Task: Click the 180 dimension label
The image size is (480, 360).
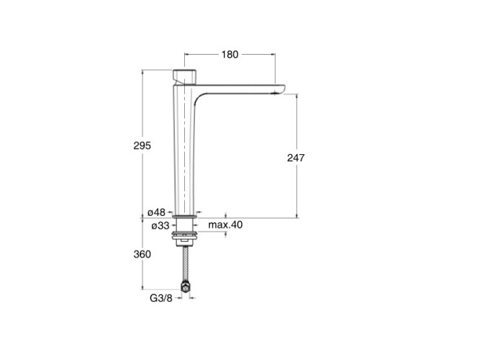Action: pos(230,55)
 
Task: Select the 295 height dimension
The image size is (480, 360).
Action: pos(142,145)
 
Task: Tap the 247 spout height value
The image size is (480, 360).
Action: pos(296,158)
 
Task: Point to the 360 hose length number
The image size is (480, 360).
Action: pos(142,254)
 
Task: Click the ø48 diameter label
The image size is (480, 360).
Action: pos(156,212)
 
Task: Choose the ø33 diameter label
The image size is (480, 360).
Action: pos(160,226)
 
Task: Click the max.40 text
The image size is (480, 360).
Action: pos(225,225)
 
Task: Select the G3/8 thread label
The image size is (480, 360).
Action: pos(161,298)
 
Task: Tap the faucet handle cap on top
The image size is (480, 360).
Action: pos(184,77)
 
